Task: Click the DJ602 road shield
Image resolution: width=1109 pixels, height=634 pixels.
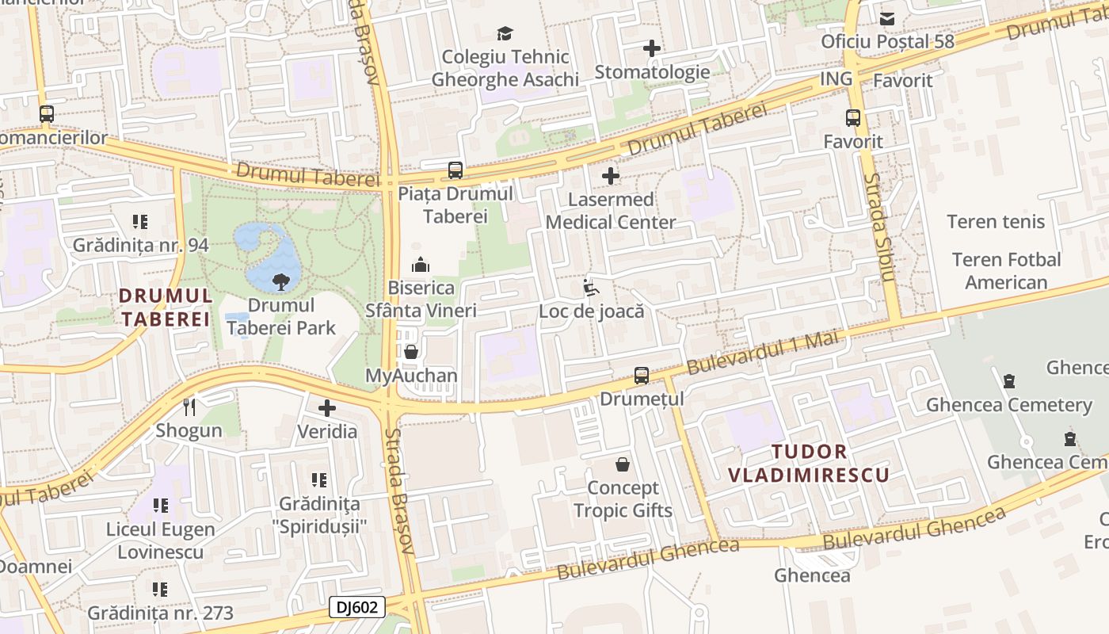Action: (357, 608)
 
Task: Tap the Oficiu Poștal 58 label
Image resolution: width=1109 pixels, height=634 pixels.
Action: (887, 41)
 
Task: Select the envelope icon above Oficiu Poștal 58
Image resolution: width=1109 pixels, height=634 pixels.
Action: (887, 18)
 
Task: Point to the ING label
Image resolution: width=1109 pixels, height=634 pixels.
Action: (836, 78)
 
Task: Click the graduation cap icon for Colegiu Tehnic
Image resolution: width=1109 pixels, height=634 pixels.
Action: (505, 33)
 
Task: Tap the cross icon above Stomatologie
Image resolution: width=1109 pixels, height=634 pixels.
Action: (652, 48)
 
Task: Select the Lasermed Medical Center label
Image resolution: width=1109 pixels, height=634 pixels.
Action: (611, 211)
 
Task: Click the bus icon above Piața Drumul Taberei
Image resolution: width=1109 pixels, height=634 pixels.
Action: (455, 170)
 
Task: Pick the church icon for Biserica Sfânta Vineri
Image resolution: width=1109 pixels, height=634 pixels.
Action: (421, 265)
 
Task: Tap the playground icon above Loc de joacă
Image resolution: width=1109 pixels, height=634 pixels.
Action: (591, 288)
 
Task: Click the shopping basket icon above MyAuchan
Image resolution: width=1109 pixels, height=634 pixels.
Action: (411, 352)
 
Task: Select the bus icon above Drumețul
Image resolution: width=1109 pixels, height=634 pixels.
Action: (642, 376)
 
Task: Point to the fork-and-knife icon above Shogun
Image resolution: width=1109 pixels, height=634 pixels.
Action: (189, 407)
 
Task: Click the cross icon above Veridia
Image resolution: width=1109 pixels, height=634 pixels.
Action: (327, 408)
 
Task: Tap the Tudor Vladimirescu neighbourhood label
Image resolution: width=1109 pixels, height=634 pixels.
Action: (808, 464)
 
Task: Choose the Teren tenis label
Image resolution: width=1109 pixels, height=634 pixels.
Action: (996, 222)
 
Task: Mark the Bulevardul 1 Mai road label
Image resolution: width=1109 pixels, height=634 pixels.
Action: (761, 352)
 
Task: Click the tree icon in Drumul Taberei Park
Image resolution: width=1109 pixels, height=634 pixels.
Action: (279, 280)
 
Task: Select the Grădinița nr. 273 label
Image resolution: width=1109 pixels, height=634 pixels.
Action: (160, 613)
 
